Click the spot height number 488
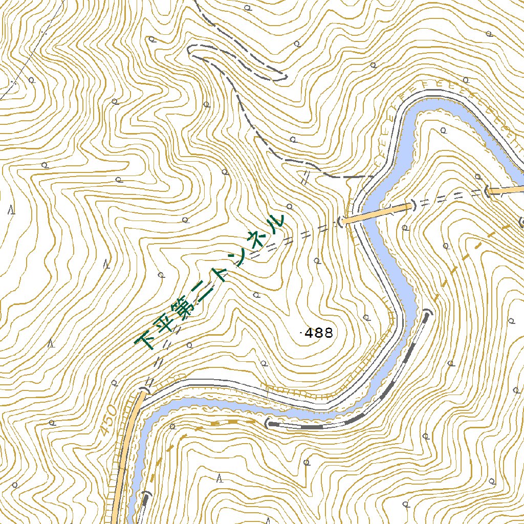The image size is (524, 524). (x=319, y=334)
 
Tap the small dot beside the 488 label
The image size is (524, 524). (x=300, y=334)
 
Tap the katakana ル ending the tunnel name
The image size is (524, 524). (x=276, y=222)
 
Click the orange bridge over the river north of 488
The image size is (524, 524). (x=377, y=213)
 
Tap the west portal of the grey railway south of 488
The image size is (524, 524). (x=267, y=423)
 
